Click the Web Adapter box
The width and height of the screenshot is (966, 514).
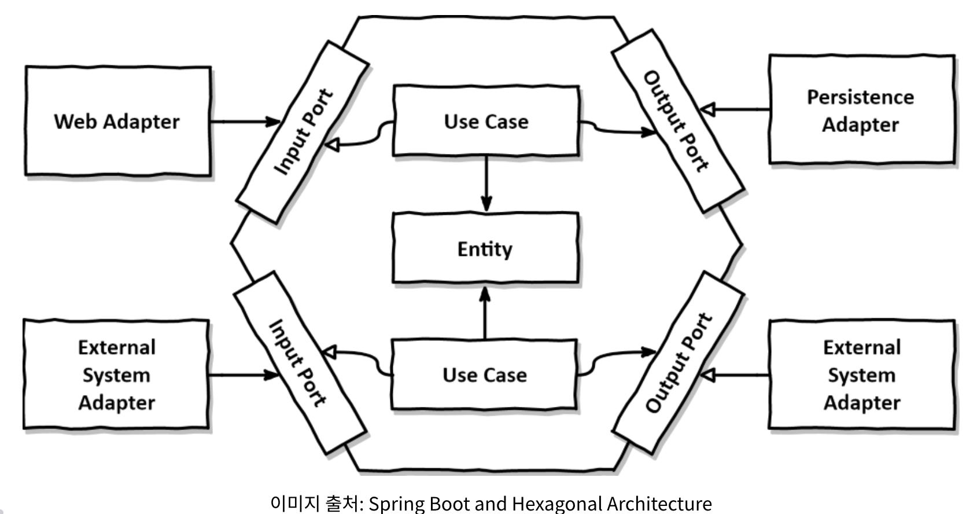click(117, 122)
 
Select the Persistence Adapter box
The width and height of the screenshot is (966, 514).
click(861, 110)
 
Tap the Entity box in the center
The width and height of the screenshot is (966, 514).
click(485, 249)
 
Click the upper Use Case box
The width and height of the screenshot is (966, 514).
click(486, 122)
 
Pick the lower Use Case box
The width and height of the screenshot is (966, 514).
click(485, 375)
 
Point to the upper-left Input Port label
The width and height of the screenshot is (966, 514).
click(303, 132)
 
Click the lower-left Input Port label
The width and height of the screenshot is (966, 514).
click(298, 364)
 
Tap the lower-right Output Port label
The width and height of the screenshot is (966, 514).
click(678, 364)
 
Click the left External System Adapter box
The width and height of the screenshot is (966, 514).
click(116, 375)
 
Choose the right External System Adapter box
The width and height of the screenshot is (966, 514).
click(862, 375)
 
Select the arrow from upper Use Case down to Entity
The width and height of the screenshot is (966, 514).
click(486, 184)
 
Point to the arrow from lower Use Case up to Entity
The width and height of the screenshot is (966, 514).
click(485, 313)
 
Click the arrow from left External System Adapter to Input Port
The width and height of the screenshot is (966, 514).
click(243, 375)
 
